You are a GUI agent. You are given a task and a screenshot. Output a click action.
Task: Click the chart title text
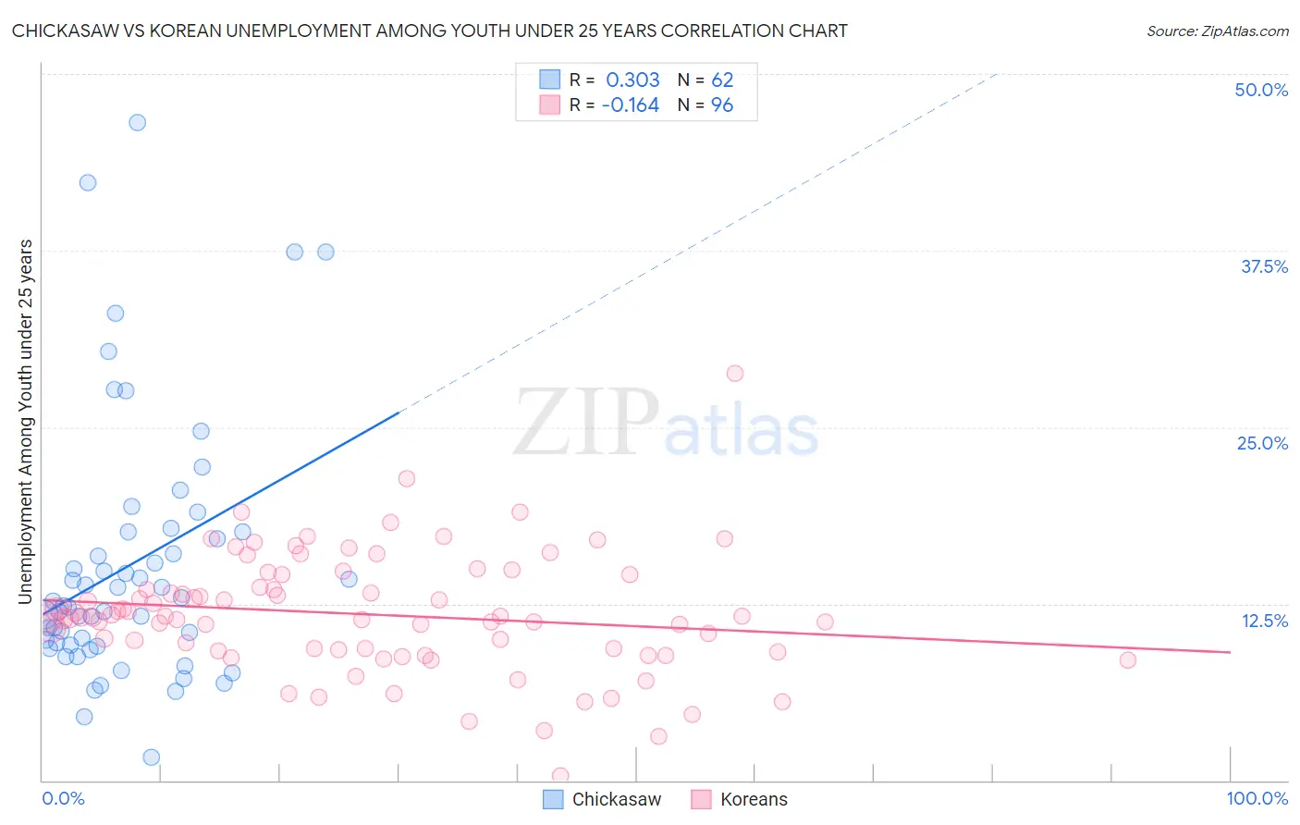[429, 31]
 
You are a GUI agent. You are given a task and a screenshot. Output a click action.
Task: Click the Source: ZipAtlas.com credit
[1217, 31]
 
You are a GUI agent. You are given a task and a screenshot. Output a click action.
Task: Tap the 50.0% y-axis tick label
[1261, 90]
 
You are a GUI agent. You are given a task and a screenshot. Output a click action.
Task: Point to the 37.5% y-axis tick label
[1264, 266]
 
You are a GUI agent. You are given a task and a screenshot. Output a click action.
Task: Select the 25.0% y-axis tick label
[1262, 443]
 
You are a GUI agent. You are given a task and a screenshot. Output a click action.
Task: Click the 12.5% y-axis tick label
[1264, 621]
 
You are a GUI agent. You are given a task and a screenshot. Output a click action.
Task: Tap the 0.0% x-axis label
[63, 798]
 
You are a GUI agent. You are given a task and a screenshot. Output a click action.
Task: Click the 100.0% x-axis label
[1257, 798]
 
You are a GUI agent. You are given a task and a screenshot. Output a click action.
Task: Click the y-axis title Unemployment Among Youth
[26, 422]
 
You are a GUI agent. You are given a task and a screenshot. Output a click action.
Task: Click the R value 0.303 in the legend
[632, 80]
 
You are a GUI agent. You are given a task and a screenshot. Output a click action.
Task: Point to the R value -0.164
[630, 105]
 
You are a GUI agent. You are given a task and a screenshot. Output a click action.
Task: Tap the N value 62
[722, 80]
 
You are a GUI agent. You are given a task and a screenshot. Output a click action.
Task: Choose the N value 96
[722, 105]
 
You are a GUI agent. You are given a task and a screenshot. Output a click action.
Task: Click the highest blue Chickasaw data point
[137, 122]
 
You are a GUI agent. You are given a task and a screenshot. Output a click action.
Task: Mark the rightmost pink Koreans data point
[1127, 659]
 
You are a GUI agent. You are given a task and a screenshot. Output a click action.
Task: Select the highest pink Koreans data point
[735, 374]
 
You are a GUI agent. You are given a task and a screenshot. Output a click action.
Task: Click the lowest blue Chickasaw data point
[152, 757]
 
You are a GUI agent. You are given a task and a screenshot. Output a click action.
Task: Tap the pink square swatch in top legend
[550, 105]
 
